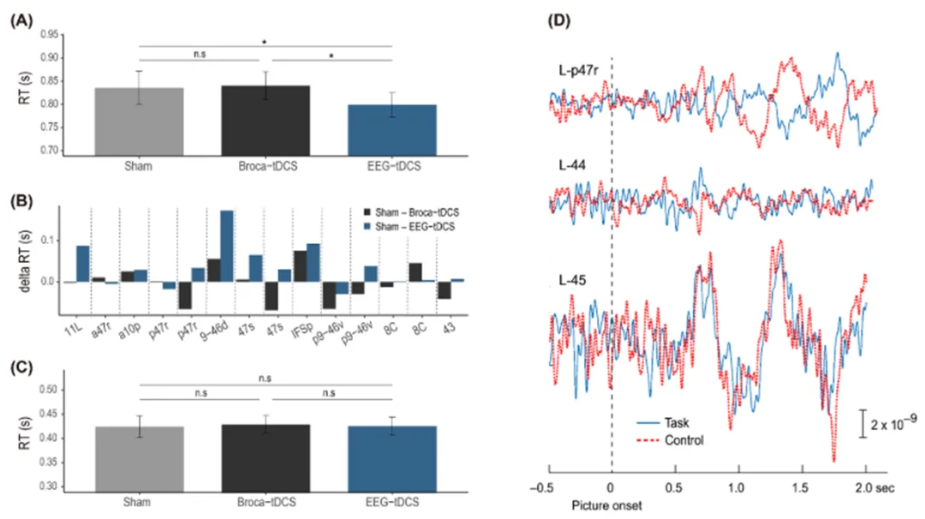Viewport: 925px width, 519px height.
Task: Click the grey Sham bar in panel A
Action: (x=136, y=121)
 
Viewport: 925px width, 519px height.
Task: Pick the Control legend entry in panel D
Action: (x=671, y=440)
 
